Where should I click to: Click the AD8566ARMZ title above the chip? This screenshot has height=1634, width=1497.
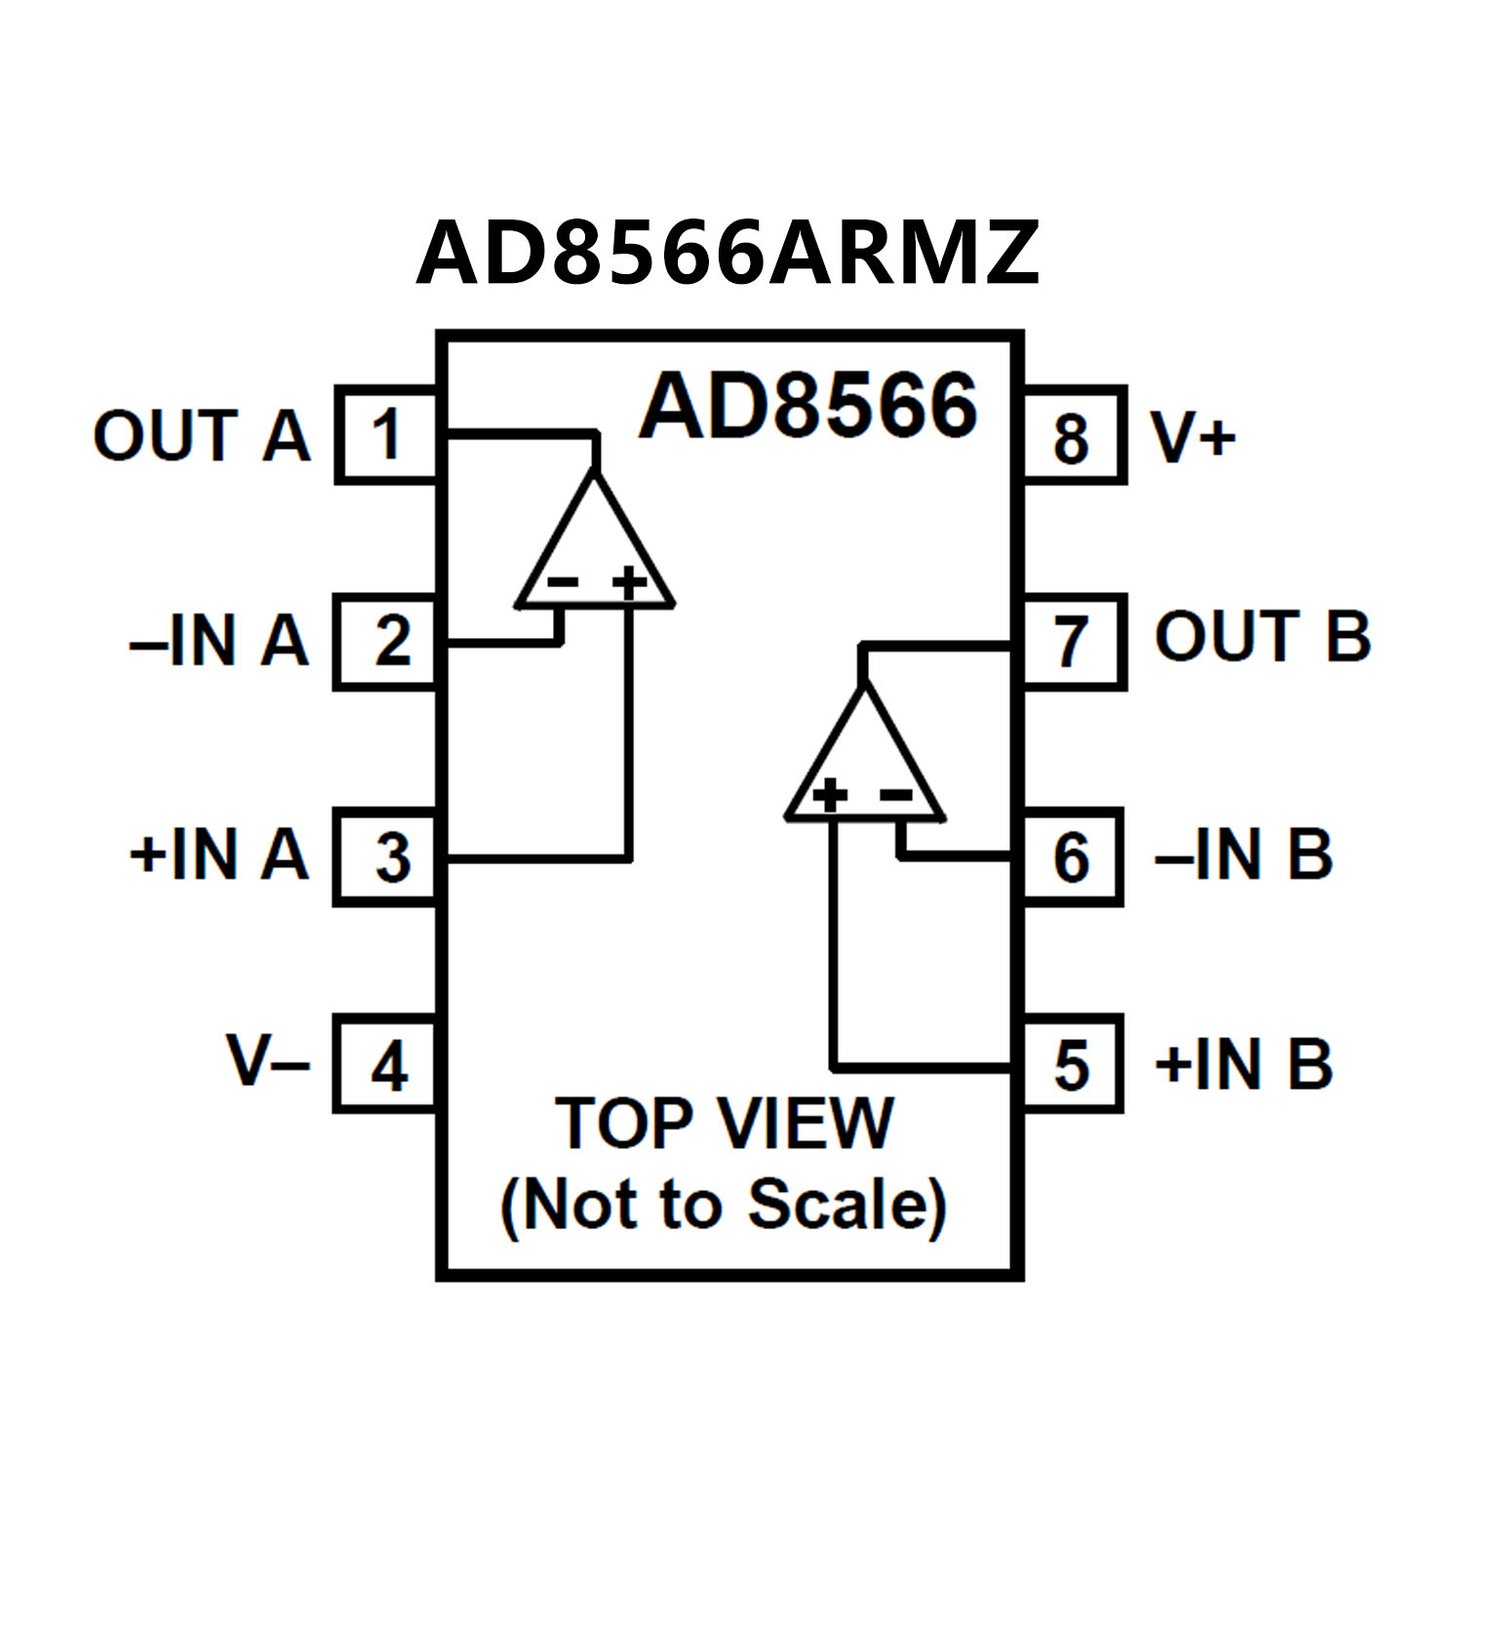click(x=728, y=253)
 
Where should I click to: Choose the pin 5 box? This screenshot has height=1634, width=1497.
click(x=1073, y=1064)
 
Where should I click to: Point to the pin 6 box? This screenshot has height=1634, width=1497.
click(x=1073, y=857)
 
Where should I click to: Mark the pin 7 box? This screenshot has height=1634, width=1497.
click(x=1073, y=642)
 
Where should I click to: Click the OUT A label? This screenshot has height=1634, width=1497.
click(x=202, y=435)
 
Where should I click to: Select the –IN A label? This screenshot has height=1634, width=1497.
click(x=219, y=642)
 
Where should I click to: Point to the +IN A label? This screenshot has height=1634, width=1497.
click(x=219, y=856)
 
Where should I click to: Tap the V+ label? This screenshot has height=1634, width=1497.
click(x=1193, y=437)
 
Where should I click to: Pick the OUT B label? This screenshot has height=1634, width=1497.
click(x=1262, y=636)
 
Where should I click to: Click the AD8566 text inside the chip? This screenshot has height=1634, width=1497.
click(x=808, y=405)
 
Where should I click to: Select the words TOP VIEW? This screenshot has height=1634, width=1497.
click(x=724, y=1124)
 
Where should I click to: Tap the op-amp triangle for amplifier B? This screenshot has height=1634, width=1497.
click(x=864, y=764)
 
